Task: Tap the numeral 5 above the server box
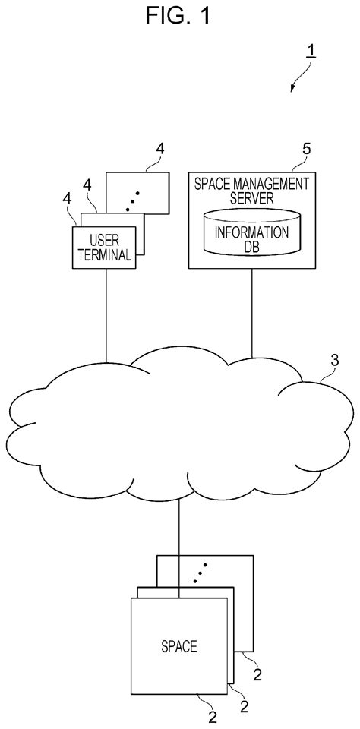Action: (x=305, y=150)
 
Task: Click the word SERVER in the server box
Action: (x=251, y=196)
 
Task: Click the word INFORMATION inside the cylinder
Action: (x=252, y=232)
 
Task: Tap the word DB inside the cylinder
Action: (x=252, y=246)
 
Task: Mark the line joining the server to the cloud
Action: (x=251, y=311)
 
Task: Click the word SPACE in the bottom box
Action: (x=179, y=647)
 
